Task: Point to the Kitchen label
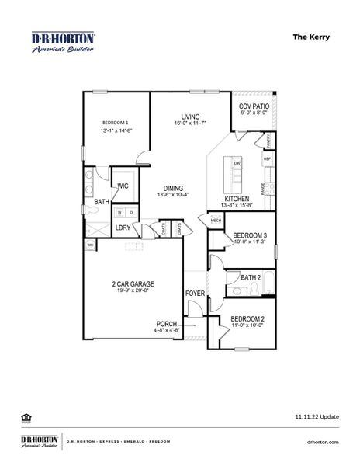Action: click(x=237, y=199)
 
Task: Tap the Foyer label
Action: click(x=195, y=293)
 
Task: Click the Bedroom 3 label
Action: click(x=250, y=235)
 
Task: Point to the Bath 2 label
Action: click(x=250, y=277)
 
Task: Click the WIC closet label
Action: click(x=123, y=186)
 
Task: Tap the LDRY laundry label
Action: click(x=123, y=228)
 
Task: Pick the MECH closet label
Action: click(x=216, y=221)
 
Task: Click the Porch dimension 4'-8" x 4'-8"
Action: click(x=168, y=331)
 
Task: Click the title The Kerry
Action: click(x=324, y=36)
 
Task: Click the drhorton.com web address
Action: click(x=324, y=442)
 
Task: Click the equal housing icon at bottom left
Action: click(x=25, y=418)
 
